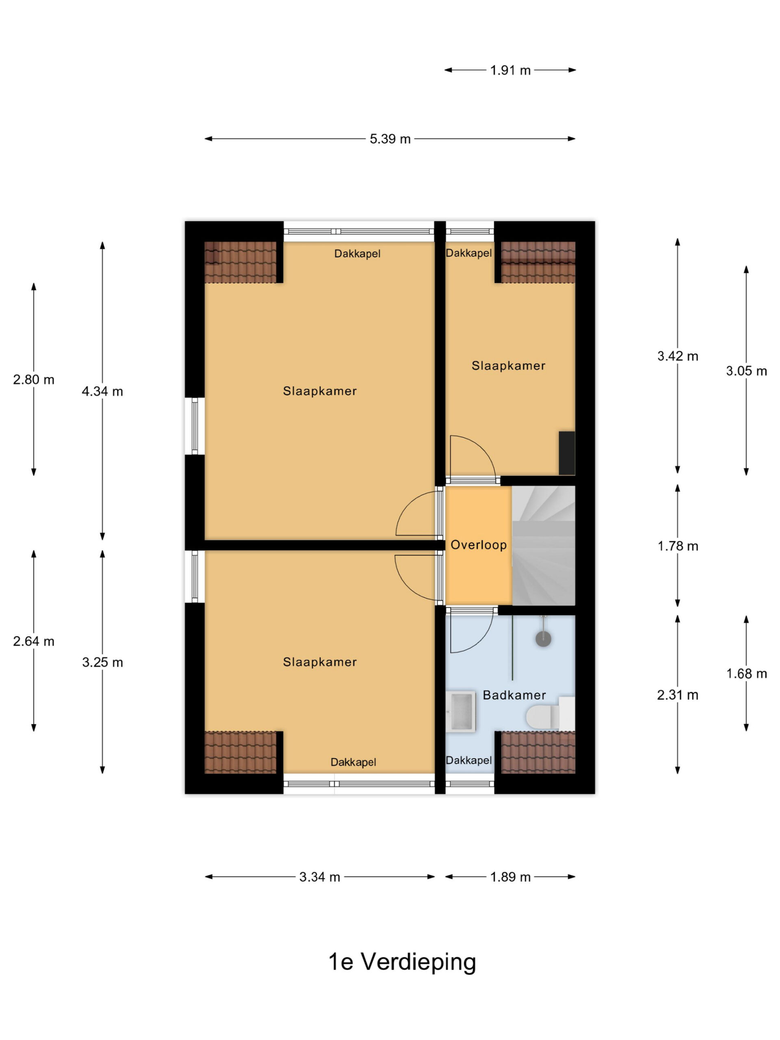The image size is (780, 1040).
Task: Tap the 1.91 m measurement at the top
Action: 510,71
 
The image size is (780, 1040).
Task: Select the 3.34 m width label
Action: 320,877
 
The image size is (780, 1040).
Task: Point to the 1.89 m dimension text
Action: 510,877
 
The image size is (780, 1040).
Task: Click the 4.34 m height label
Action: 102,391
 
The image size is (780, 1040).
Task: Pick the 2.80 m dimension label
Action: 34,379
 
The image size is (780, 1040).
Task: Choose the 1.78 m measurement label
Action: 678,546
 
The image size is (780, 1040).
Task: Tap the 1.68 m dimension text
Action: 747,674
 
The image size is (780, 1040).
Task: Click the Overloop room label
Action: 479,545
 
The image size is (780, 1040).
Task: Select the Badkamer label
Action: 514,695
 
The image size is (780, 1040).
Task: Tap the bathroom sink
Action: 461,711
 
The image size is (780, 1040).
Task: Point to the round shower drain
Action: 544,639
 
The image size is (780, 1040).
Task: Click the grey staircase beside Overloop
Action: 544,545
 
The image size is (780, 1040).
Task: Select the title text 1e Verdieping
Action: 402,962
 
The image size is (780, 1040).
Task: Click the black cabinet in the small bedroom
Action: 567,453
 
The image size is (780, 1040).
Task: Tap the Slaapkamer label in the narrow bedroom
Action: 509,366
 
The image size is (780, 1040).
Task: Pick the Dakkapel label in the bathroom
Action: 469,760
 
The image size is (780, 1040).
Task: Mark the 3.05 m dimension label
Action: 747,371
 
